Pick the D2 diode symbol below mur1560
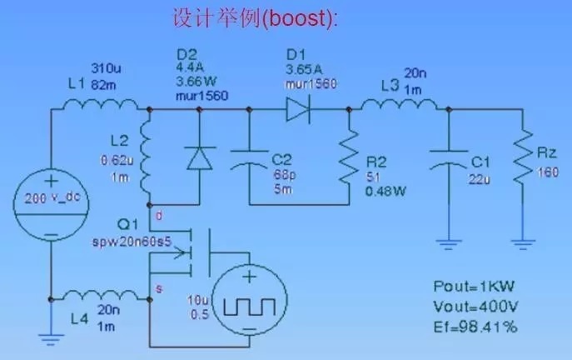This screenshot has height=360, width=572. pyautogui.click(x=199, y=157)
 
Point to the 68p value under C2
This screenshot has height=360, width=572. pyautogui.click(x=284, y=176)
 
